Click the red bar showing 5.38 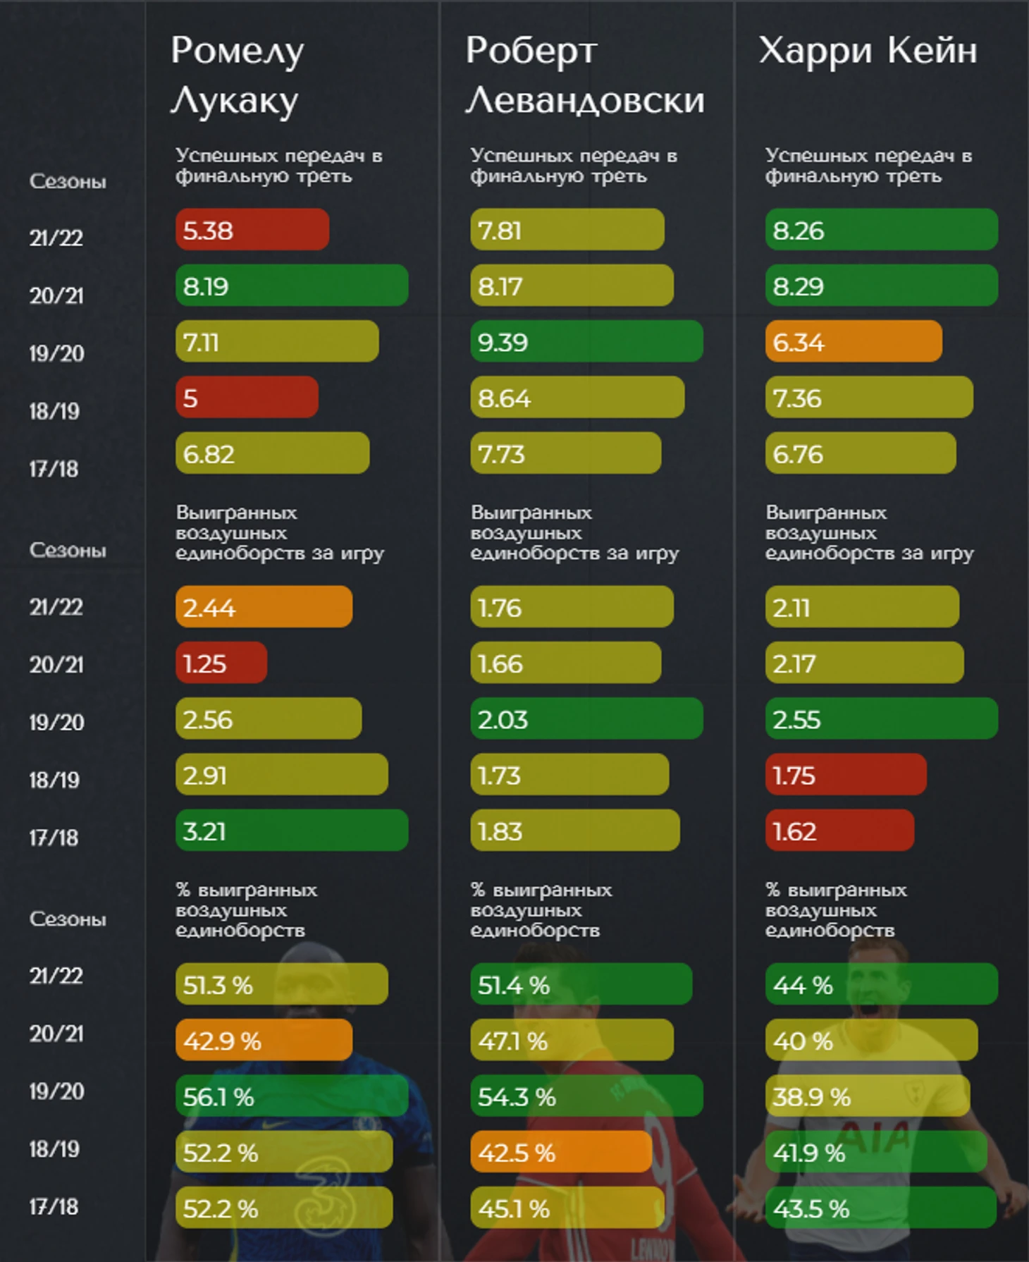pyautogui.click(x=252, y=229)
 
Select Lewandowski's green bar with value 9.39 pyautogui.click(x=586, y=341)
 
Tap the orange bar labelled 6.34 pyautogui.click(x=854, y=341)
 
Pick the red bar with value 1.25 pyautogui.click(x=221, y=663)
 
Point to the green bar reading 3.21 pyautogui.click(x=292, y=831)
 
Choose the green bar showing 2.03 pyautogui.click(x=586, y=718)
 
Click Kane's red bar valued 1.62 pyautogui.click(x=839, y=831)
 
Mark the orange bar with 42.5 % pyautogui.click(x=561, y=1152)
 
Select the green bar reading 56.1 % pyautogui.click(x=292, y=1096)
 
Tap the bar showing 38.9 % pyautogui.click(x=868, y=1096)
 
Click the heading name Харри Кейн pyautogui.click(x=868, y=51)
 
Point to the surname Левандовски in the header pyautogui.click(x=585, y=101)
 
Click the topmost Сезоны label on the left pyautogui.click(x=68, y=182)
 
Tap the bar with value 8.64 pyautogui.click(x=577, y=397)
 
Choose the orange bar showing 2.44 pyautogui.click(x=264, y=606)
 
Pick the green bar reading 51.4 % pyautogui.click(x=581, y=984)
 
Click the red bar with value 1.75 pyautogui.click(x=846, y=774)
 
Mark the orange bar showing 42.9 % pyautogui.click(x=264, y=1040)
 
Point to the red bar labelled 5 pyautogui.click(x=247, y=397)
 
